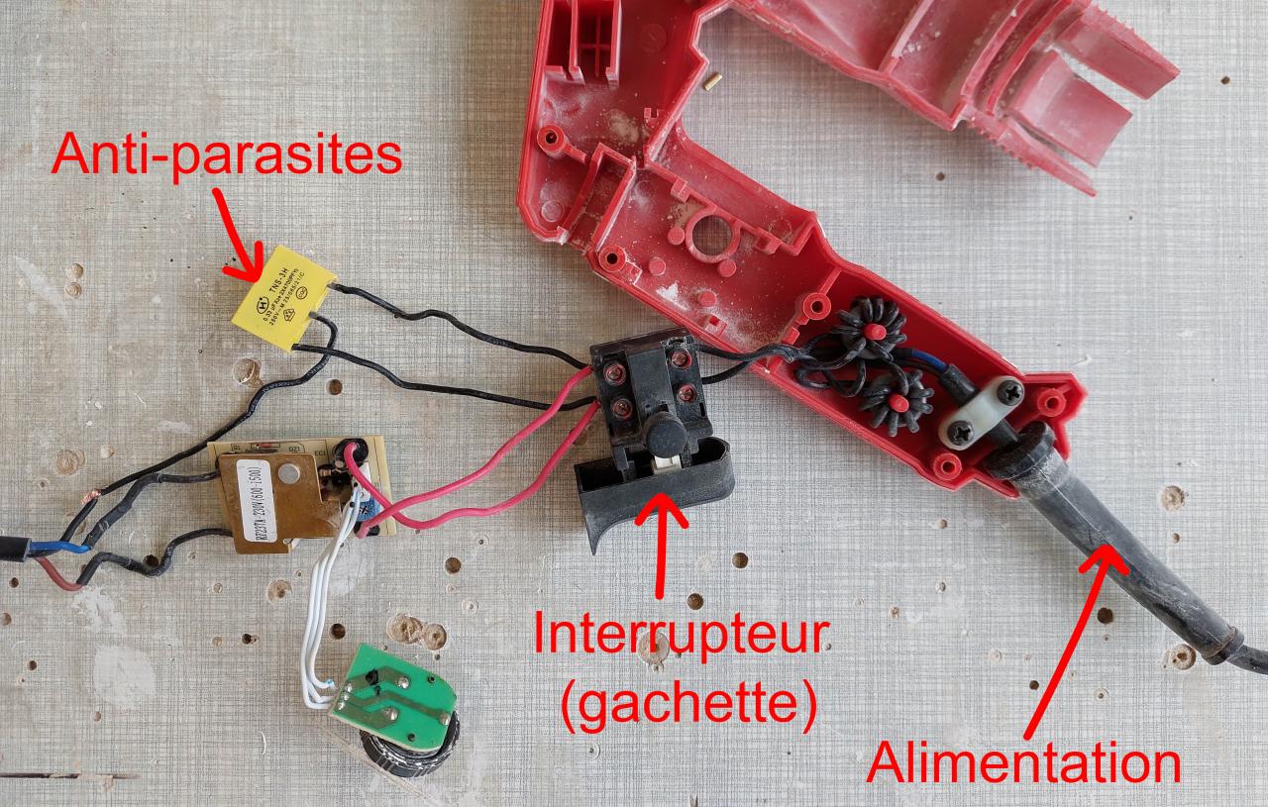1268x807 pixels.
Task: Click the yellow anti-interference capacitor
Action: pos(283,297)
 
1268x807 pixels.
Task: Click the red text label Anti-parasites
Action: pos(227,156)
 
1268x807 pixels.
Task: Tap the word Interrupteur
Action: pos(679,635)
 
